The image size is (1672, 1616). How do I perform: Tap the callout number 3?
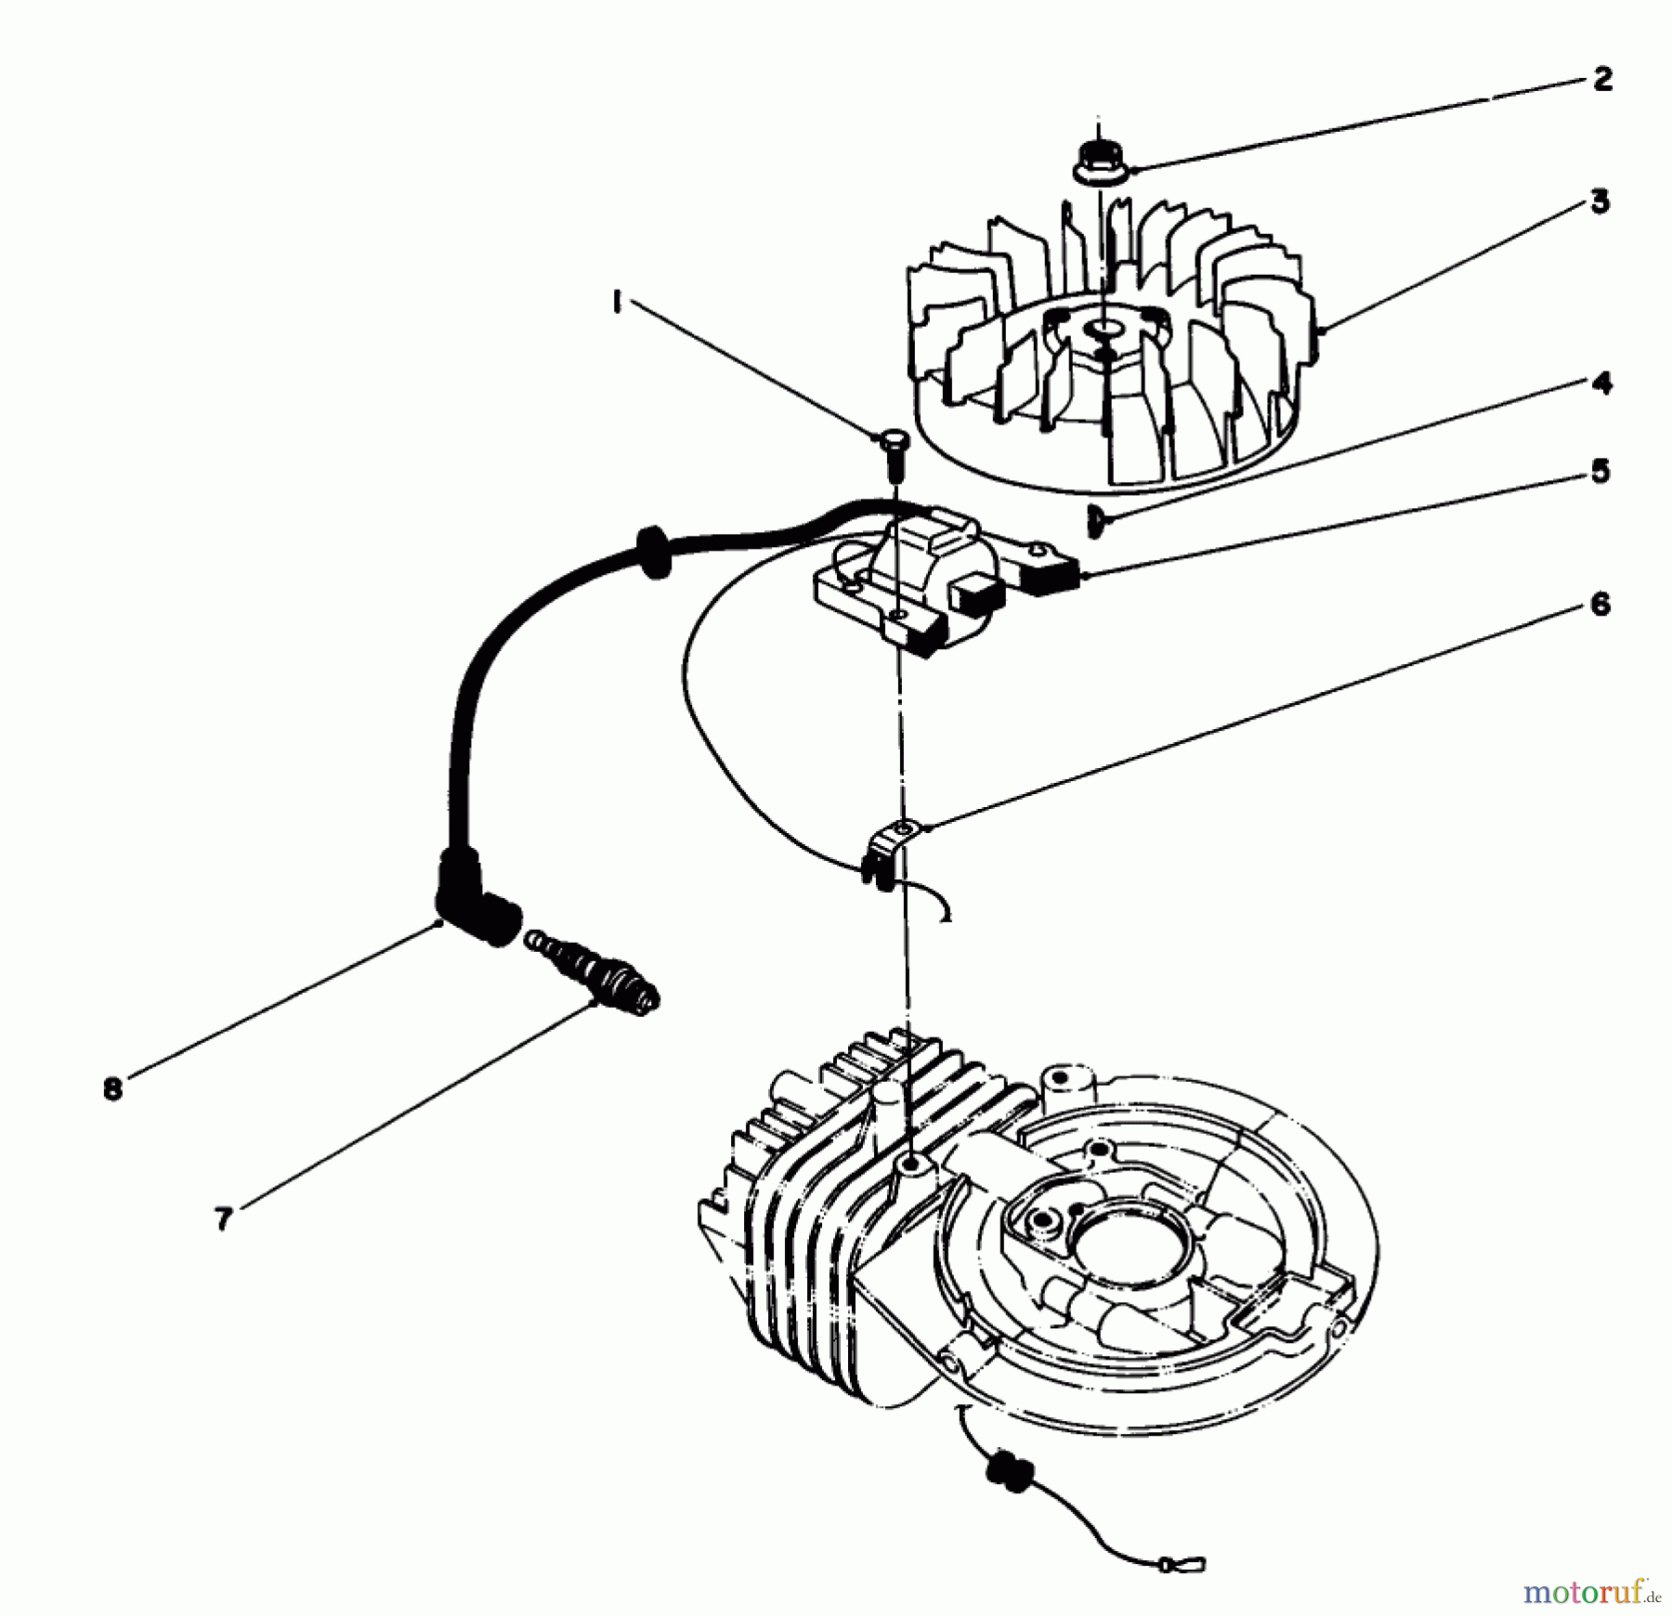click(x=1599, y=202)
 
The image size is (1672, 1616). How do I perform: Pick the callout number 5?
click(x=1600, y=471)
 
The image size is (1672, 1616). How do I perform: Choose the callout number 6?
click(x=1600, y=606)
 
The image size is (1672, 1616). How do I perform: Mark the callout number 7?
click(x=222, y=1219)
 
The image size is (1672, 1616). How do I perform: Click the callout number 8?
click(x=112, y=1088)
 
